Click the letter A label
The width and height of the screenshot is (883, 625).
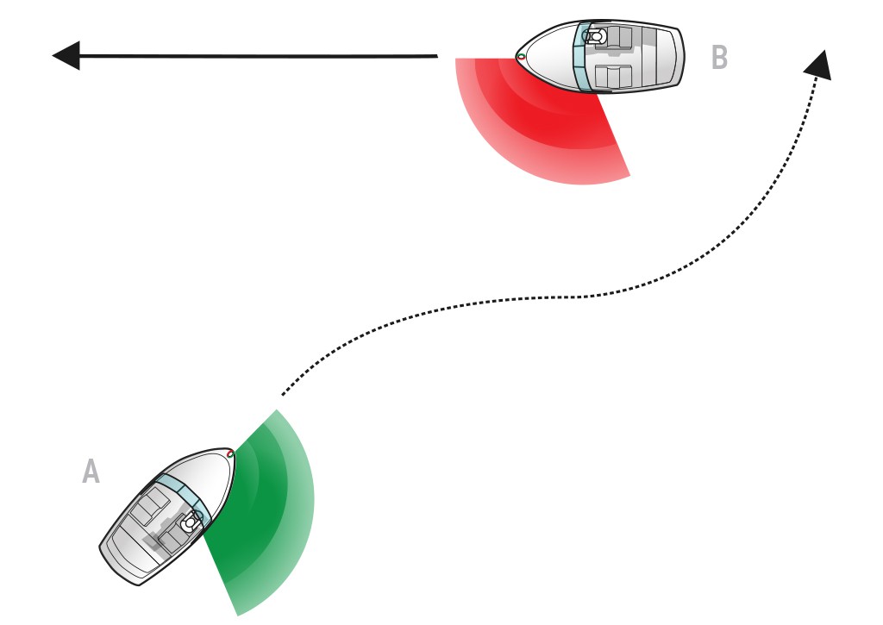click(91, 472)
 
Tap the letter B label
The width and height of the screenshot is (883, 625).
click(720, 57)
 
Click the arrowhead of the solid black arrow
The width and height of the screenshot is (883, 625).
click(66, 55)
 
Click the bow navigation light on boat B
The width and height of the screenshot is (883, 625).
click(521, 56)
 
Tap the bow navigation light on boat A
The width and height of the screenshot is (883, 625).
click(229, 453)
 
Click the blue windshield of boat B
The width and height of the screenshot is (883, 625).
click(581, 56)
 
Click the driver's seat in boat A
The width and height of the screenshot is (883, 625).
click(189, 523)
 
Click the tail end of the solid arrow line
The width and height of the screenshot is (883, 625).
click(437, 56)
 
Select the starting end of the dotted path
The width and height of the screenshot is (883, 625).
click(283, 394)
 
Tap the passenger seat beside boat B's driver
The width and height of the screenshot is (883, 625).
click(608, 76)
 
